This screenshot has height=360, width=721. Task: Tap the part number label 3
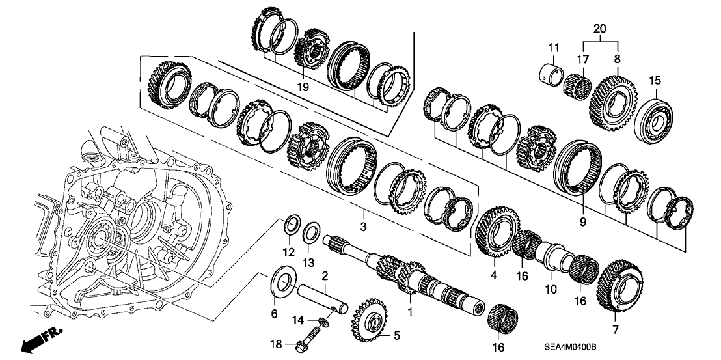pyautogui.click(x=364, y=227)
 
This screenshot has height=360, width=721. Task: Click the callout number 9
pyautogui.click(x=583, y=222)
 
